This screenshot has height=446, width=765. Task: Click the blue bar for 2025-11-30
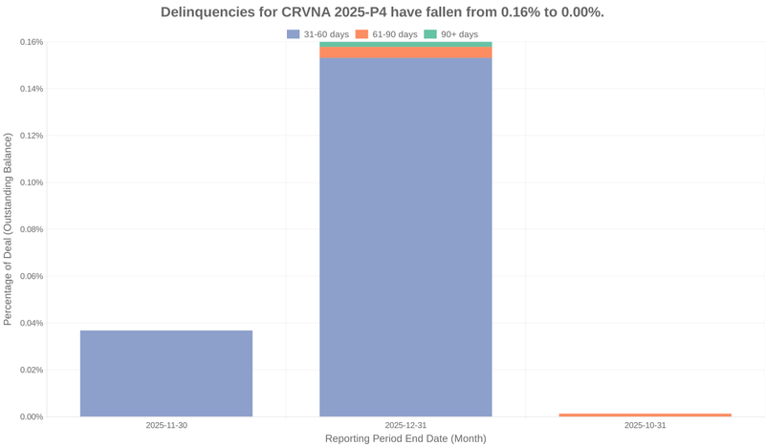tap(166, 373)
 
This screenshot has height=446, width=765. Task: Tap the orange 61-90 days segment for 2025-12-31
tap(405, 53)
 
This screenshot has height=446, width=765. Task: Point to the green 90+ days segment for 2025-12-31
tap(405, 45)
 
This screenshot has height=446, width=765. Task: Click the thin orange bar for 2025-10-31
tap(645, 414)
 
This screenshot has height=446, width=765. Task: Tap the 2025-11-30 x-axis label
tap(166, 425)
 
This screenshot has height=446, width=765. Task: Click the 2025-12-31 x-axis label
tap(405, 425)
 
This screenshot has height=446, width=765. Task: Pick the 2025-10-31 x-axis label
tap(645, 425)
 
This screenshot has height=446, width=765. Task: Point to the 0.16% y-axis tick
tap(32, 42)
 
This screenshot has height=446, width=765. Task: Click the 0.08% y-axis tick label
tap(32, 229)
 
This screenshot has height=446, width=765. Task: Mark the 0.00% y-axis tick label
tap(32, 417)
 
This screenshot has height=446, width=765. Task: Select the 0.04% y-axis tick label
tap(32, 323)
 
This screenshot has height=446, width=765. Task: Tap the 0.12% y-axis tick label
tap(32, 136)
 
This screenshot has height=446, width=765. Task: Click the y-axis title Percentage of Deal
tap(9, 229)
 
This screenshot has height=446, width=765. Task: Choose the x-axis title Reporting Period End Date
tap(405, 438)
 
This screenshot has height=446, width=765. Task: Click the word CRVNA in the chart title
tap(310, 12)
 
